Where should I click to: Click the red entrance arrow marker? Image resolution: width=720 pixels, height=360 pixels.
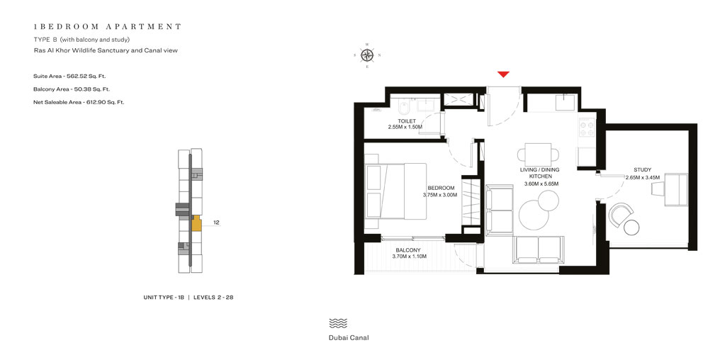[x=503, y=74]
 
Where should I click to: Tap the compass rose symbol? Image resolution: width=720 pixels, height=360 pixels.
[x=367, y=55]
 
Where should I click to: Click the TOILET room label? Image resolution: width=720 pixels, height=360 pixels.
[x=406, y=121]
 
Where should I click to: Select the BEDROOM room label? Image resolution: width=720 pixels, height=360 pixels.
[x=440, y=188]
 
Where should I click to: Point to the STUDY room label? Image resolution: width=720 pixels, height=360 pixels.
[x=642, y=170]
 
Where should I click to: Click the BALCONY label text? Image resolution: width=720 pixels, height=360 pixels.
[x=408, y=250]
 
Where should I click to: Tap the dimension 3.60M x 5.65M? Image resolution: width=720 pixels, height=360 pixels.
[x=541, y=184]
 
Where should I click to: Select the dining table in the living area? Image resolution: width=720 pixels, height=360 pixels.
[x=537, y=153]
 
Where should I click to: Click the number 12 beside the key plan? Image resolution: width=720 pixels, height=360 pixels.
[x=216, y=223]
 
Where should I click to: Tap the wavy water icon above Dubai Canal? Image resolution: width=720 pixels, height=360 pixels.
[x=338, y=323]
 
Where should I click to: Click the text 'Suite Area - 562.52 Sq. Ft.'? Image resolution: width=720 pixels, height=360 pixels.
[x=69, y=76]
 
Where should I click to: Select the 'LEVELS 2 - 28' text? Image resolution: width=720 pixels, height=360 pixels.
[x=213, y=298]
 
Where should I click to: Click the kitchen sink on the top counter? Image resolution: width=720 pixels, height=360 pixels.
[x=565, y=104]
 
